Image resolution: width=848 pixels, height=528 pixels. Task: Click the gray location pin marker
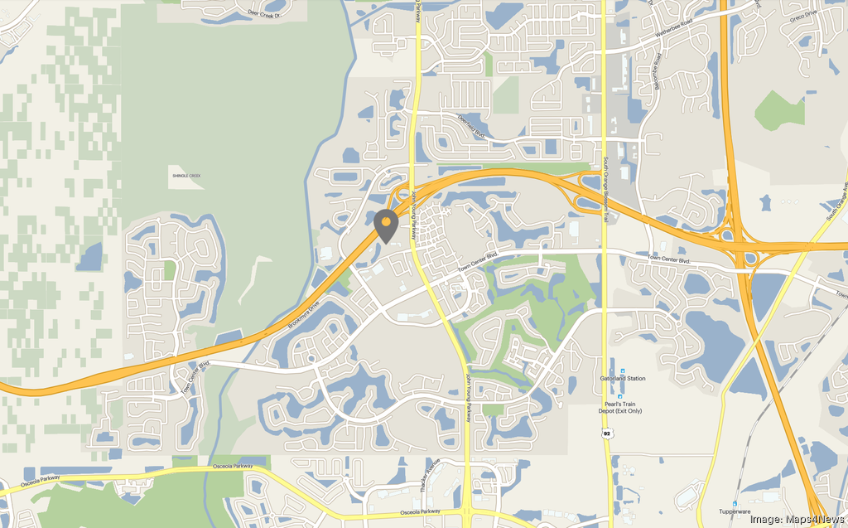tap(385, 225)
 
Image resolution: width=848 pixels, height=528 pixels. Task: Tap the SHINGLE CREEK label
tap(185, 176)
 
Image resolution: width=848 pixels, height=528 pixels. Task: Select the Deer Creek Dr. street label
tap(265, 12)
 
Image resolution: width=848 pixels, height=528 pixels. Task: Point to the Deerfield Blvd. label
tap(472, 126)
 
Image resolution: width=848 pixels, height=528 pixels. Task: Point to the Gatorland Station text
tap(623, 379)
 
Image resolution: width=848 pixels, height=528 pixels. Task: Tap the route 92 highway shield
tap(607, 433)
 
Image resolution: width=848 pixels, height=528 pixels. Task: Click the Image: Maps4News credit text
tap(797, 519)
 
